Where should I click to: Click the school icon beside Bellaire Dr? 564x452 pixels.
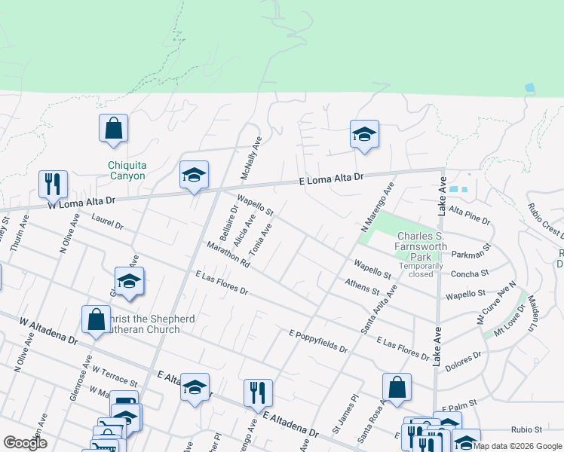[x=194, y=176]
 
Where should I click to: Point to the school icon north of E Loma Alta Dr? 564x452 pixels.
[x=364, y=135]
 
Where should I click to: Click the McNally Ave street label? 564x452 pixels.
[x=251, y=157]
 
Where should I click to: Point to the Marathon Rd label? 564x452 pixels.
[x=227, y=255]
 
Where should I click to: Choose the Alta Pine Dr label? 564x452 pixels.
[x=469, y=217]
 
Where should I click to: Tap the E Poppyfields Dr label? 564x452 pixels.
[x=318, y=341]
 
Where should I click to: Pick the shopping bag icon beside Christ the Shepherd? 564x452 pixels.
[x=97, y=319]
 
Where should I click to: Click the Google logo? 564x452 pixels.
[x=25, y=443]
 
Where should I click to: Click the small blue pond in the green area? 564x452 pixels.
[x=530, y=88]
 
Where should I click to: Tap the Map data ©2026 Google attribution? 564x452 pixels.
[x=517, y=446]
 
